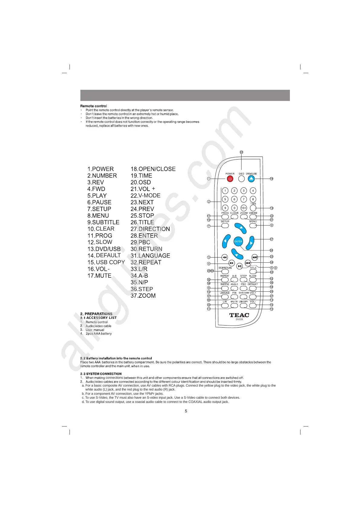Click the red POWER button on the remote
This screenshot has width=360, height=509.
click(230, 179)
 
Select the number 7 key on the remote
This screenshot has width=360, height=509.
click(244, 199)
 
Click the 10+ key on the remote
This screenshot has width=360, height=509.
click(244, 208)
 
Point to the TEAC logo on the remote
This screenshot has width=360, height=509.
click(239, 315)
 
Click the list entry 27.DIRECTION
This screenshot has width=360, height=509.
click(150, 229)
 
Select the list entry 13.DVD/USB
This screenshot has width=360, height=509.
click(104, 249)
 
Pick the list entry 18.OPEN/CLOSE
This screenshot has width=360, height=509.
click(153, 169)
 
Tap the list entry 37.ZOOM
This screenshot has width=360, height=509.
click(143, 296)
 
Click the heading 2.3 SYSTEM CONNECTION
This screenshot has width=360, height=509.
click(101, 374)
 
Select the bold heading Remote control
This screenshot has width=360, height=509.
click(93, 106)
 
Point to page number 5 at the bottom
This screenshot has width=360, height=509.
click(186, 411)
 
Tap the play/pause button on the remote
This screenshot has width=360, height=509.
click(239, 266)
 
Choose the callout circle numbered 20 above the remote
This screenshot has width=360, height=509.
click(241, 152)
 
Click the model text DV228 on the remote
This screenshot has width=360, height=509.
click(239, 319)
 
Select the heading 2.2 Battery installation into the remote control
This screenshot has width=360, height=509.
click(116, 358)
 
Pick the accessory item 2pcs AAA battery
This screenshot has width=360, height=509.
click(99, 334)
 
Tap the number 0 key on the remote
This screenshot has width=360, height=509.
click(234, 208)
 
